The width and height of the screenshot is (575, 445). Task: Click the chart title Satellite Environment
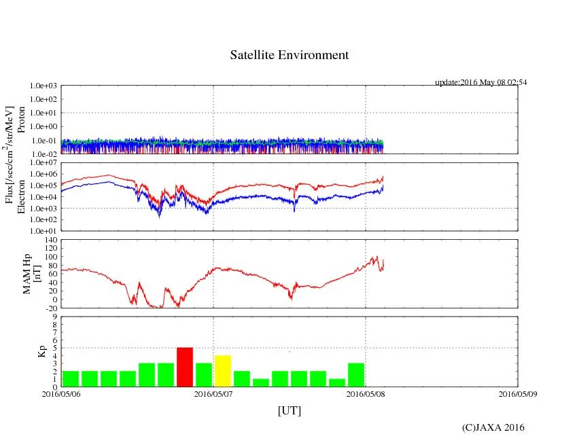point(290,55)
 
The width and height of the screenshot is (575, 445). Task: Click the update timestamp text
point(481,82)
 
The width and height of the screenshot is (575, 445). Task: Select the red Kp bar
point(185,367)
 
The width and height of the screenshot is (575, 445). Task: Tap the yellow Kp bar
point(223,370)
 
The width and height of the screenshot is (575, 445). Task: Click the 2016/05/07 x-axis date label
point(213,393)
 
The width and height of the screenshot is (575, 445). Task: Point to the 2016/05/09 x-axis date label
point(518,393)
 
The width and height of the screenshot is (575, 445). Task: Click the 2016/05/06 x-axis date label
point(61,393)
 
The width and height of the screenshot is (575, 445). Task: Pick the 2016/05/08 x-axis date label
point(366,393)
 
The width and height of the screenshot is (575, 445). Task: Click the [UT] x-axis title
point(290,411)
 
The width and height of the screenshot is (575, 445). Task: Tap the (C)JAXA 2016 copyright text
point(493,427)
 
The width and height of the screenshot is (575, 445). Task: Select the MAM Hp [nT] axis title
point(32,274)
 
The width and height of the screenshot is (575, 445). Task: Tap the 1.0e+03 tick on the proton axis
point(42,86)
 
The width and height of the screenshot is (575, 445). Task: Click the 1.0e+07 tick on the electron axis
point(42,163)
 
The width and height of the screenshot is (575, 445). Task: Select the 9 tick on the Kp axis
point(55,317)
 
